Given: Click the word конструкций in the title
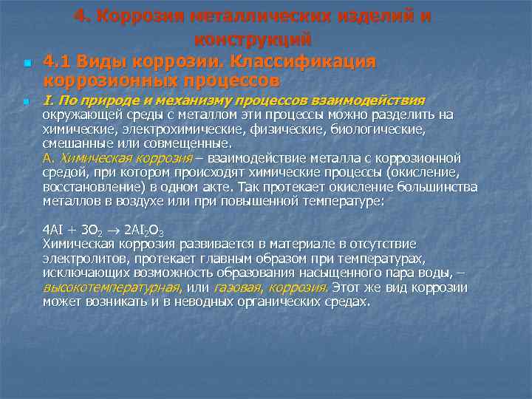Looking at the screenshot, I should click(253, 38).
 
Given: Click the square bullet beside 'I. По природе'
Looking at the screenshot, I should click(25, 101).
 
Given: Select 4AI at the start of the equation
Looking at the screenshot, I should click(53, 229).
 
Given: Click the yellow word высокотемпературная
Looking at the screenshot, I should click(112, 287).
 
